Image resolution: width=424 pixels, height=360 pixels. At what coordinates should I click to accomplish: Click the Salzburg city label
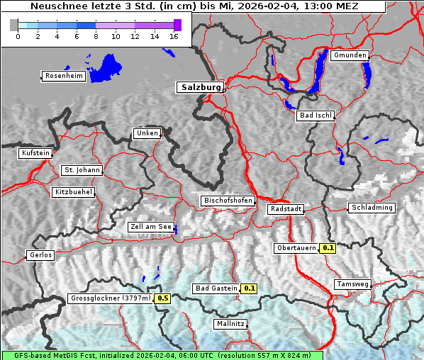tap(199, 87)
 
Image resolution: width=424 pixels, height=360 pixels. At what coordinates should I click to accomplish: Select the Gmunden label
tap(350, 55)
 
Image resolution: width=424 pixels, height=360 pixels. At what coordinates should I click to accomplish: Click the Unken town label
tap(147, 133)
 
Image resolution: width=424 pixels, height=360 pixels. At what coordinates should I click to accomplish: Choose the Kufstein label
tap(35, 153)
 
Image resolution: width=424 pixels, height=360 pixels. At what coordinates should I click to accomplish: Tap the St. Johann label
tap(82, 170)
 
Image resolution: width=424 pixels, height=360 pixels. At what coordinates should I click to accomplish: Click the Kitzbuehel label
tap(73, 192)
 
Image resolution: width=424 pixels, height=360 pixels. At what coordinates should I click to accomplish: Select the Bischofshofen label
tap(228, 201)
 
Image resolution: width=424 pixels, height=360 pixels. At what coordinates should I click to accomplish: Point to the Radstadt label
tap(286, 209)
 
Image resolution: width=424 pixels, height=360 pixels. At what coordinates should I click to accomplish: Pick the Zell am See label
tap(151, 227)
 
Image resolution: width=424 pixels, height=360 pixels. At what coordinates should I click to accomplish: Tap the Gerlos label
tap(40, 255)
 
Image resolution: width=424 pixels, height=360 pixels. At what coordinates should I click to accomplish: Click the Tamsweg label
tap(352, 284)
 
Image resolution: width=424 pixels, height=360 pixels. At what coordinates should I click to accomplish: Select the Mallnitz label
tap(230, 324)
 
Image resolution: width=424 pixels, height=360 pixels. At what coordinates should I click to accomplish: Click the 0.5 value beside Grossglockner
tap(163, 298)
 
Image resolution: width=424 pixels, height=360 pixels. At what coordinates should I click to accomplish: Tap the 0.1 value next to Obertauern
tap(328, 248)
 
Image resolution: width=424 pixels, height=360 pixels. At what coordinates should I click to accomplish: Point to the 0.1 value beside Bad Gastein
tap(249, 288)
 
